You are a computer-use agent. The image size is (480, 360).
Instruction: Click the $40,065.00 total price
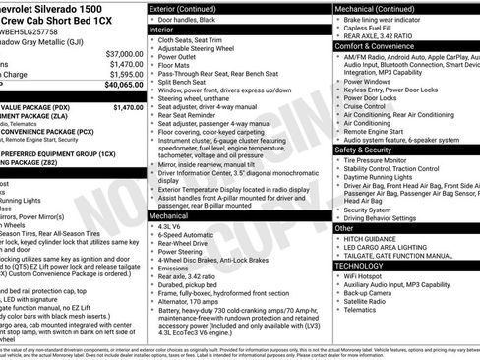pyautogui.click(x=119, y=86)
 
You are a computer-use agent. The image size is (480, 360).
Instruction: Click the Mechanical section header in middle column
pyautogui.click(x=173, y=213)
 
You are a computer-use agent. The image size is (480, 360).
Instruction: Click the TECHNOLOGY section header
pyautogui.click(x=359, y=266)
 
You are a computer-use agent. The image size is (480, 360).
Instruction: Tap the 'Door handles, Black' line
pyautogui.click(x=197, y=20)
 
